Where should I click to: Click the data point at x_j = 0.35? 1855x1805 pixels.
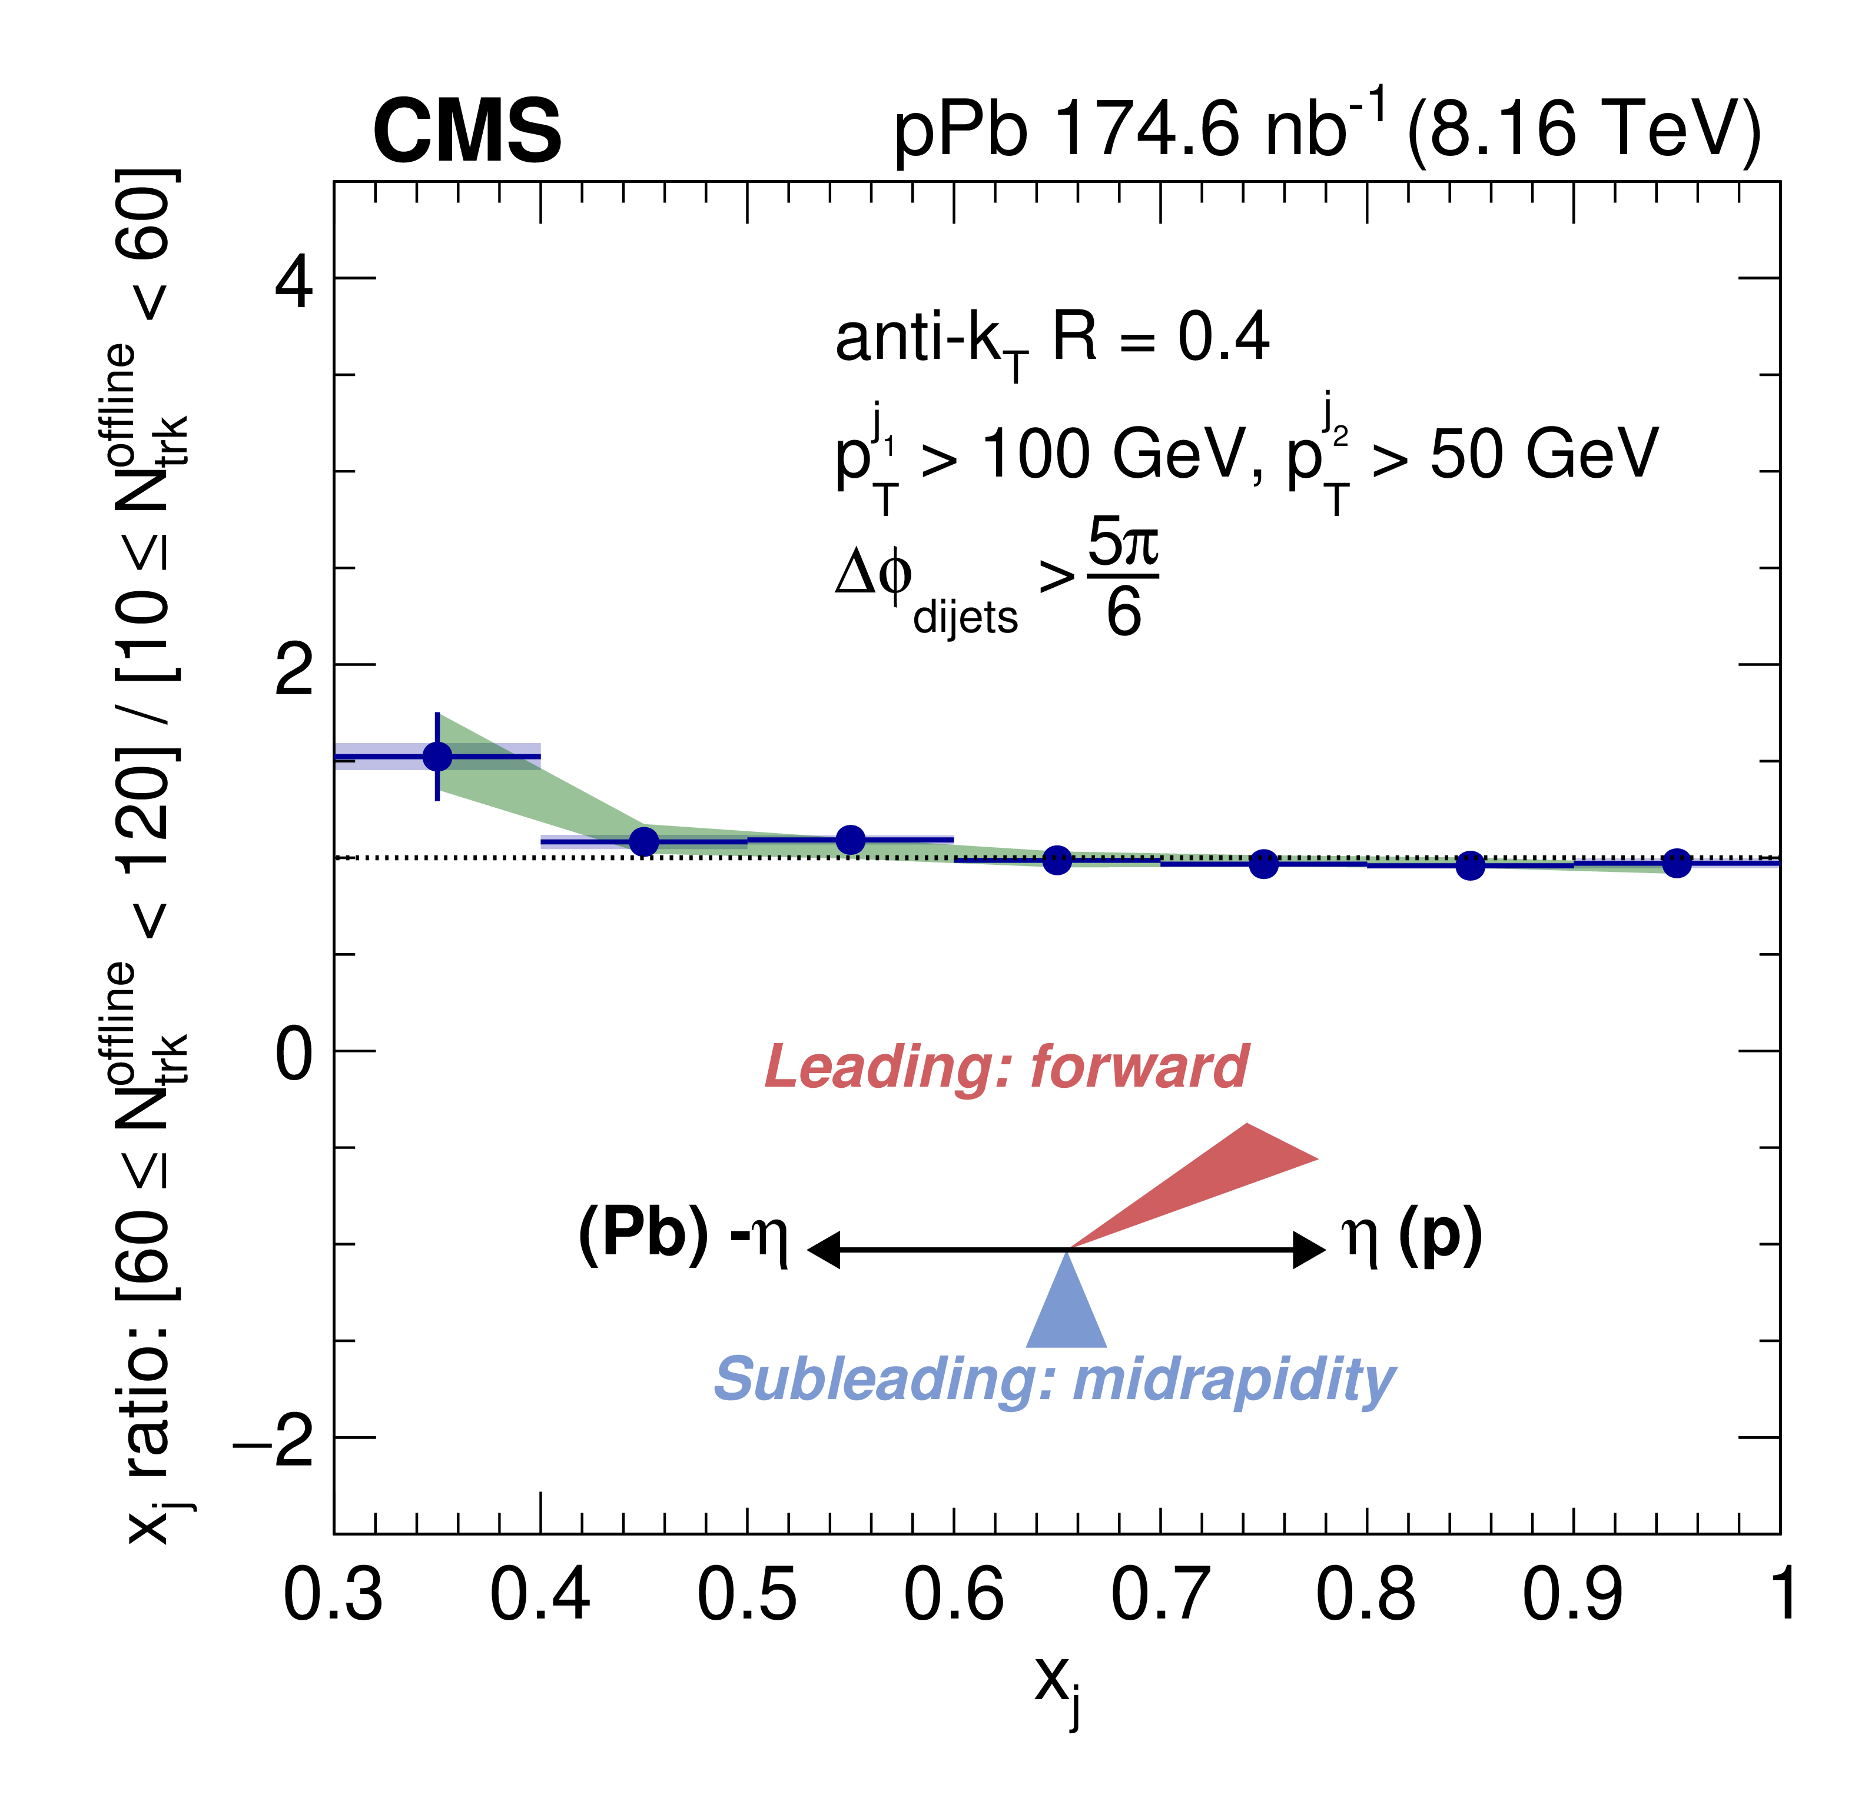[437, 755]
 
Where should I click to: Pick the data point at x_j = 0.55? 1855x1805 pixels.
[851, 839]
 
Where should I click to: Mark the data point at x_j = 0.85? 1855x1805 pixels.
[1470, 865]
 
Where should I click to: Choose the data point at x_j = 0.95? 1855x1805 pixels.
[1677, 862]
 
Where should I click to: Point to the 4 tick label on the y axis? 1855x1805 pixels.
[293, 281]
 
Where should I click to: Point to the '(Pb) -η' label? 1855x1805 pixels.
[683, 1236]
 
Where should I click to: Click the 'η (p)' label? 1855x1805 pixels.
[1411, 1236]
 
